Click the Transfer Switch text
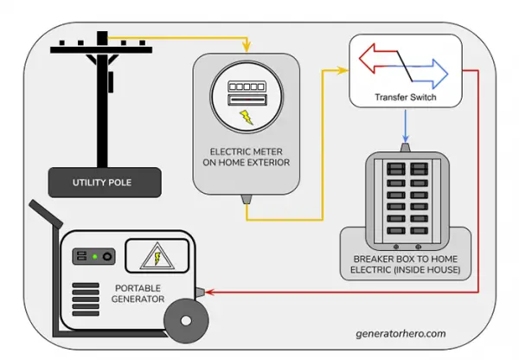[405, 99]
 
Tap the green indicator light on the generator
[94, 257]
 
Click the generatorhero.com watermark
[401, 332]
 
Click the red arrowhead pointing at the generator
[204, 292]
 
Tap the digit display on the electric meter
[246, 87]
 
